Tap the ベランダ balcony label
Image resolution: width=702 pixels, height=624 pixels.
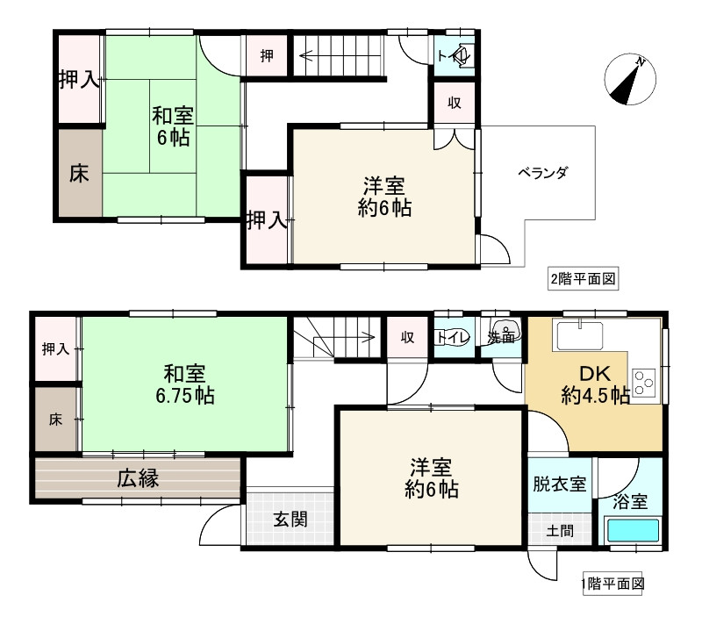542,172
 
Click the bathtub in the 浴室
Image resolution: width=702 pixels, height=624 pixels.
633,532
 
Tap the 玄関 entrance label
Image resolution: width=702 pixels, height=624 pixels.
288,519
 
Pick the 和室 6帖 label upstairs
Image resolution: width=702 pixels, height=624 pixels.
172,126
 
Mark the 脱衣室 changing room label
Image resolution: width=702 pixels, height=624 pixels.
561,484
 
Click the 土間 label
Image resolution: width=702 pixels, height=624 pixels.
559,530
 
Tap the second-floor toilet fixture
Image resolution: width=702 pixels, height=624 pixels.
462,55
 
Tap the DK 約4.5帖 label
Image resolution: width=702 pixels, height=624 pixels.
594,384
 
